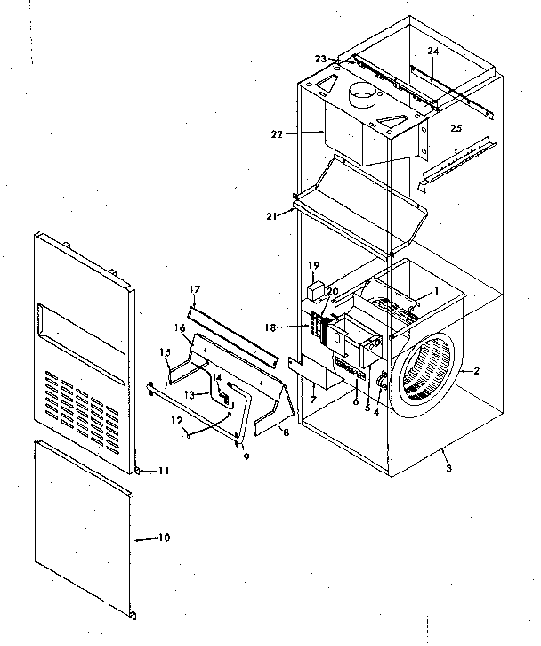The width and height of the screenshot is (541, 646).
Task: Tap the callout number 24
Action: [432, 52]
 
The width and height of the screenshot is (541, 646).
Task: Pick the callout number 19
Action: [313, 265]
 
